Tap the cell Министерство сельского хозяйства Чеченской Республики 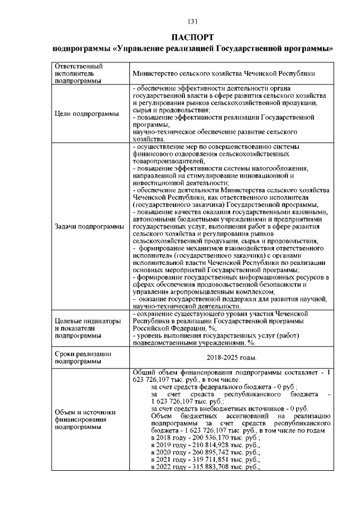pyautogui.click(x=223, y=74)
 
